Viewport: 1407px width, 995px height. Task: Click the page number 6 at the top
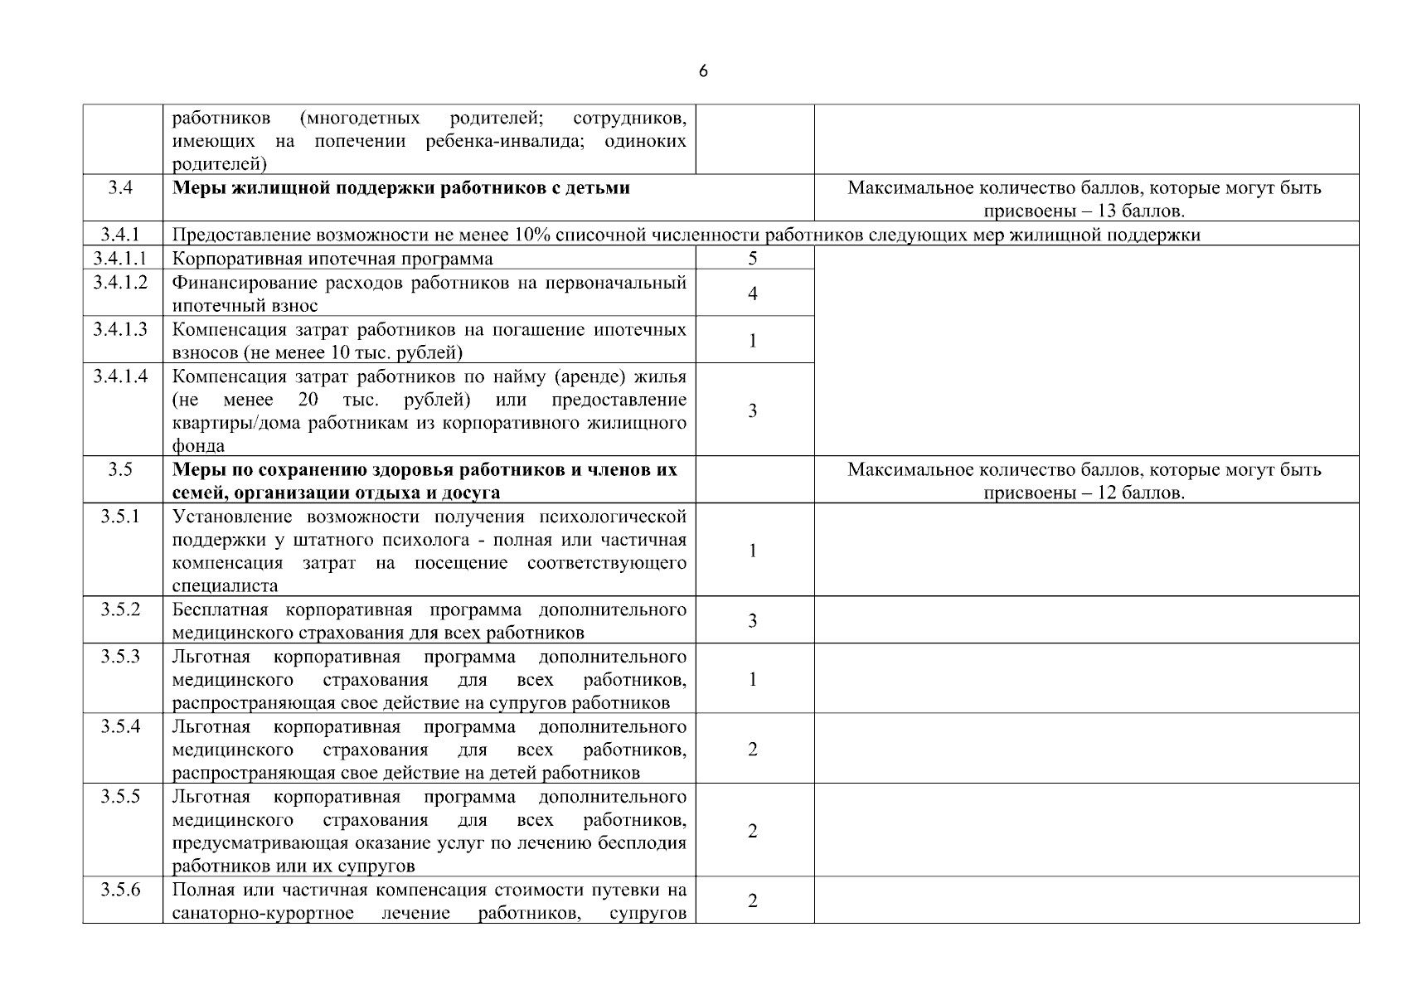tap(703, 71)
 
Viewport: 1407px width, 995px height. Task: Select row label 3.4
tap(120, 188)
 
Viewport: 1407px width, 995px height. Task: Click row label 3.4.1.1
tap(120, 259)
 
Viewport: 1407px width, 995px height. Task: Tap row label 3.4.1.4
tap(120, 376)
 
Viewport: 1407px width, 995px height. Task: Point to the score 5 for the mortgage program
tap(753, 259)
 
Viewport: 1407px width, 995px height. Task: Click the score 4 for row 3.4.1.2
tap(753, 294)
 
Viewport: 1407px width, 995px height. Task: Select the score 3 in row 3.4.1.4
tap(753, 410)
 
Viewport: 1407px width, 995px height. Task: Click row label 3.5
tap(120, 470)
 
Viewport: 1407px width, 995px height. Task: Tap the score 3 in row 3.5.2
tap(753, 621)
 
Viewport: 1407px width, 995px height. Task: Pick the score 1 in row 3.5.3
tap(753, 680)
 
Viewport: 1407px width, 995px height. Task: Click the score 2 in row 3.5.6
tap(753, 901)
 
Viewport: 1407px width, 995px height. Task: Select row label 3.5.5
tap(120, 797)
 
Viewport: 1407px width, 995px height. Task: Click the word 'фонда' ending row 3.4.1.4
tap(198, 446)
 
